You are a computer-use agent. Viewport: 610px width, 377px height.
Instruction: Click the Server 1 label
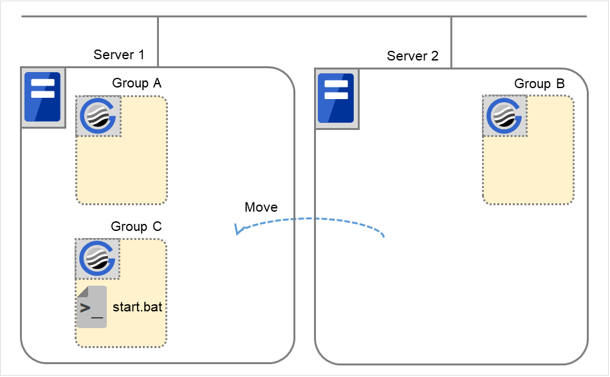tap(119, 55)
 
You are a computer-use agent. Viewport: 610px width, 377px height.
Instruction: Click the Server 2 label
tap(412, 56)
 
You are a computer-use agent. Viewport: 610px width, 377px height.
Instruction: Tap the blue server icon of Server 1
tap(42, 97)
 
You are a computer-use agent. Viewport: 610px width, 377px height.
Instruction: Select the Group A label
tap(137, 83)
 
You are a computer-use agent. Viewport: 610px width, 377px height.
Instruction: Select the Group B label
tap(539, 84)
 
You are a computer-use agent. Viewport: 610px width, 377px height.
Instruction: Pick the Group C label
tap(136, 226)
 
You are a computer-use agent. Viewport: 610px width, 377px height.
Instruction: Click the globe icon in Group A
tap(98, 116)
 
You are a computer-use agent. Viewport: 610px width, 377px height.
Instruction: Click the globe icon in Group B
tap(505, 116)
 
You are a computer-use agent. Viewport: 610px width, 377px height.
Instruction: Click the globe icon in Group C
tap(98, 259)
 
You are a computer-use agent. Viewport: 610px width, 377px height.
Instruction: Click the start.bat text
tap(137, 307)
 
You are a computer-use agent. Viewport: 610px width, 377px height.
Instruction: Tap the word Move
tap(261, 207)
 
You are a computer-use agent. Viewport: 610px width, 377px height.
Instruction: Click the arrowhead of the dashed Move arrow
tap(238, 230)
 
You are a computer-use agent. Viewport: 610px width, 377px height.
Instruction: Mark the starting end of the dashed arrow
tap(384, 236)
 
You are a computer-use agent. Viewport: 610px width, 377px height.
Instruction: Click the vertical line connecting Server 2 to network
tap(451, 42)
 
